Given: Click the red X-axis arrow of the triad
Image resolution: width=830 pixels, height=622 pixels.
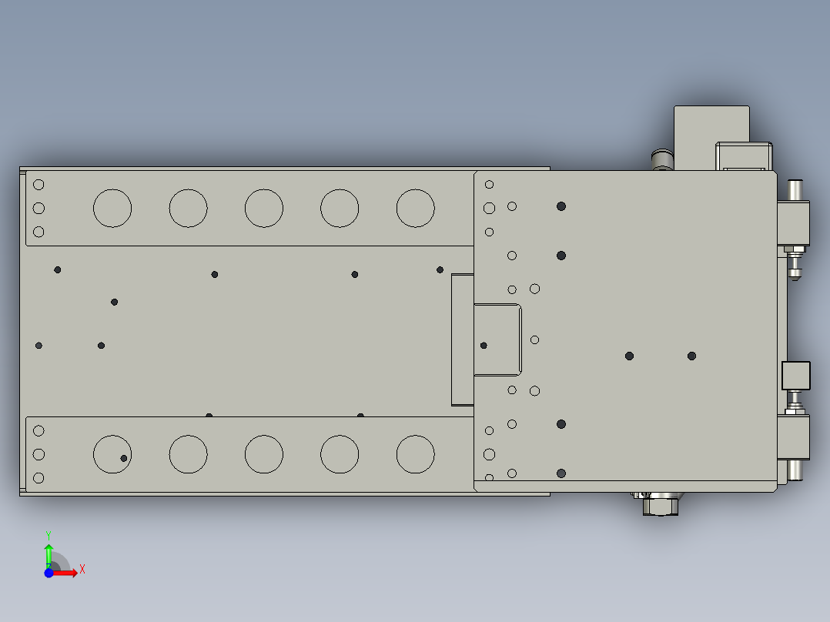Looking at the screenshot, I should (68, 572).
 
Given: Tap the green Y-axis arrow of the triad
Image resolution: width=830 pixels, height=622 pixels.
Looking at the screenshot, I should (48, 553).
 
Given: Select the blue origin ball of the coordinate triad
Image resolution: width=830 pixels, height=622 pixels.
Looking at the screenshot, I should (49, 573).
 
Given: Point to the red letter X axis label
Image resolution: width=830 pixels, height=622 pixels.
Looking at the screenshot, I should (82, 570).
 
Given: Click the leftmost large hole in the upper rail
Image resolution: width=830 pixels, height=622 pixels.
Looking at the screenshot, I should (112, 208).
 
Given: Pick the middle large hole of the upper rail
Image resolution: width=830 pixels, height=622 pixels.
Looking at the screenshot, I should (264, 208).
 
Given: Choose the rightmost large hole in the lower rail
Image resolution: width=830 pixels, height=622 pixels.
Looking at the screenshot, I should (416, 454).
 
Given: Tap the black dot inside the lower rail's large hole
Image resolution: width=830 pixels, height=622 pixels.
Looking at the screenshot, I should (124, 458).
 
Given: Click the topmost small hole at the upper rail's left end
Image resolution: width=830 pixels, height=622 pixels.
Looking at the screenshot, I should (38, 185).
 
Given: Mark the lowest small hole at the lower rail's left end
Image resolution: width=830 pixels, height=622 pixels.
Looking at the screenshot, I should (38, 478).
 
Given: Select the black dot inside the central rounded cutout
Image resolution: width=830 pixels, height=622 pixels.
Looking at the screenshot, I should (484, 346).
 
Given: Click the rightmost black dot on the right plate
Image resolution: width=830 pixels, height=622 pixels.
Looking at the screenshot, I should (691, 356).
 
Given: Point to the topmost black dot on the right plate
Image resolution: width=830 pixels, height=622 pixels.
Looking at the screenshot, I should (561, 206).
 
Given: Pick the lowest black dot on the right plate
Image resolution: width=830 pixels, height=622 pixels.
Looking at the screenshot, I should (561, 473).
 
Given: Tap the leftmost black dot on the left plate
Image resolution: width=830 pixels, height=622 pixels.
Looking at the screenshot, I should (39, 346).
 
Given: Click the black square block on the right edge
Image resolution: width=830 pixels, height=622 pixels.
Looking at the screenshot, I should (796, 376).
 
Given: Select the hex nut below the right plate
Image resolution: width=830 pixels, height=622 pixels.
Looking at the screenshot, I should (661, 506).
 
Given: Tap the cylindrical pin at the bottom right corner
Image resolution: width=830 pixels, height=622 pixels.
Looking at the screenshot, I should (795, 469).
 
